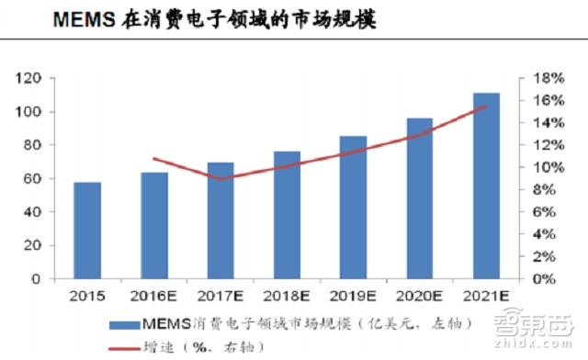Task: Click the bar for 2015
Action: tap(87, 230)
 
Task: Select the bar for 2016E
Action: tap(154, 225)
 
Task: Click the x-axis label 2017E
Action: tap(220, 297)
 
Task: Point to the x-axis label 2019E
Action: tap(353, 297)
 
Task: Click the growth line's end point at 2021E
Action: tap(486, 106)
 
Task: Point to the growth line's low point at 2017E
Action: tap(220, 178)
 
